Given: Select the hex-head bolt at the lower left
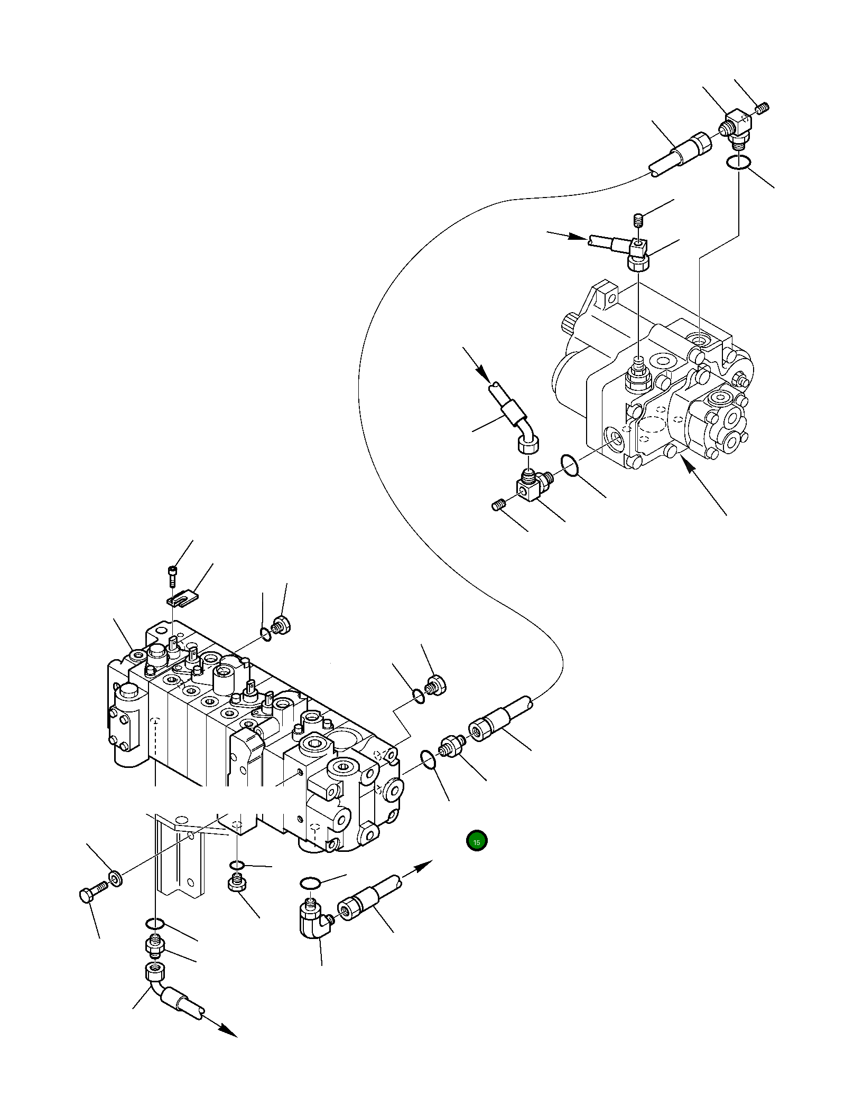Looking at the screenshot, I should [x=90, y=895].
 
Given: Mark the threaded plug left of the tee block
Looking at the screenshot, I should [x=498, y=506].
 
